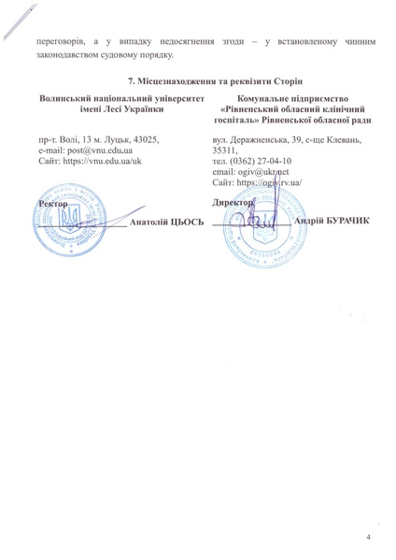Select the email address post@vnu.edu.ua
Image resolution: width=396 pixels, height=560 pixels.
click(88, 150)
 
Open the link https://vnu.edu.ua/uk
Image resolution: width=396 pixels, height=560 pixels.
click(95, 161)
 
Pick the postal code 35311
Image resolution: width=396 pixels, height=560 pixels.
click(224, 150)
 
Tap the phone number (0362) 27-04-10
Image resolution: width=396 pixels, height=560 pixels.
click(257, 161)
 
